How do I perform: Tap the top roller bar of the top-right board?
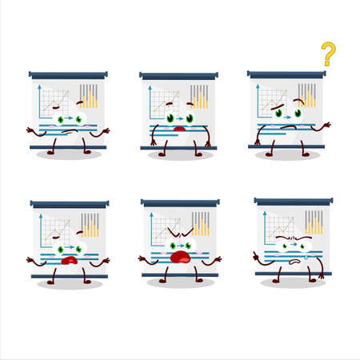[x=288, y=74]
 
